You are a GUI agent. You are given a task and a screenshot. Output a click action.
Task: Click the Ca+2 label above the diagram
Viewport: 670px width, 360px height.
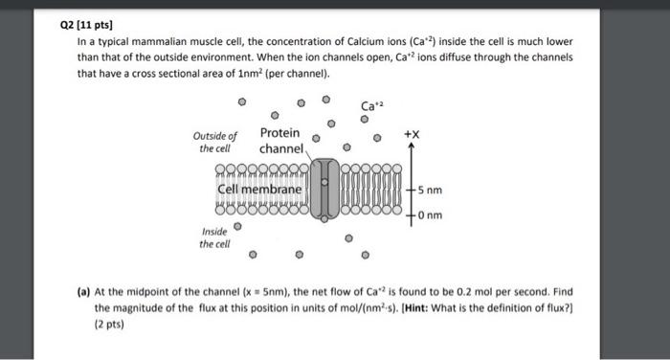(x=371, y=105)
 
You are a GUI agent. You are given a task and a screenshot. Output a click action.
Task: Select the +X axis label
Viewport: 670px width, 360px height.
(x=412, y=134)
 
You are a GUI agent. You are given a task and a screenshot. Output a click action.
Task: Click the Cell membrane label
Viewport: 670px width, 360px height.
(x=259, y=190)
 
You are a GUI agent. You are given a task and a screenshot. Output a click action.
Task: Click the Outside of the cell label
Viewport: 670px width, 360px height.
(x=217, y=143)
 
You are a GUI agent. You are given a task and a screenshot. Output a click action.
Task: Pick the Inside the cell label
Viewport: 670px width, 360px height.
(x=215, y=237)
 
